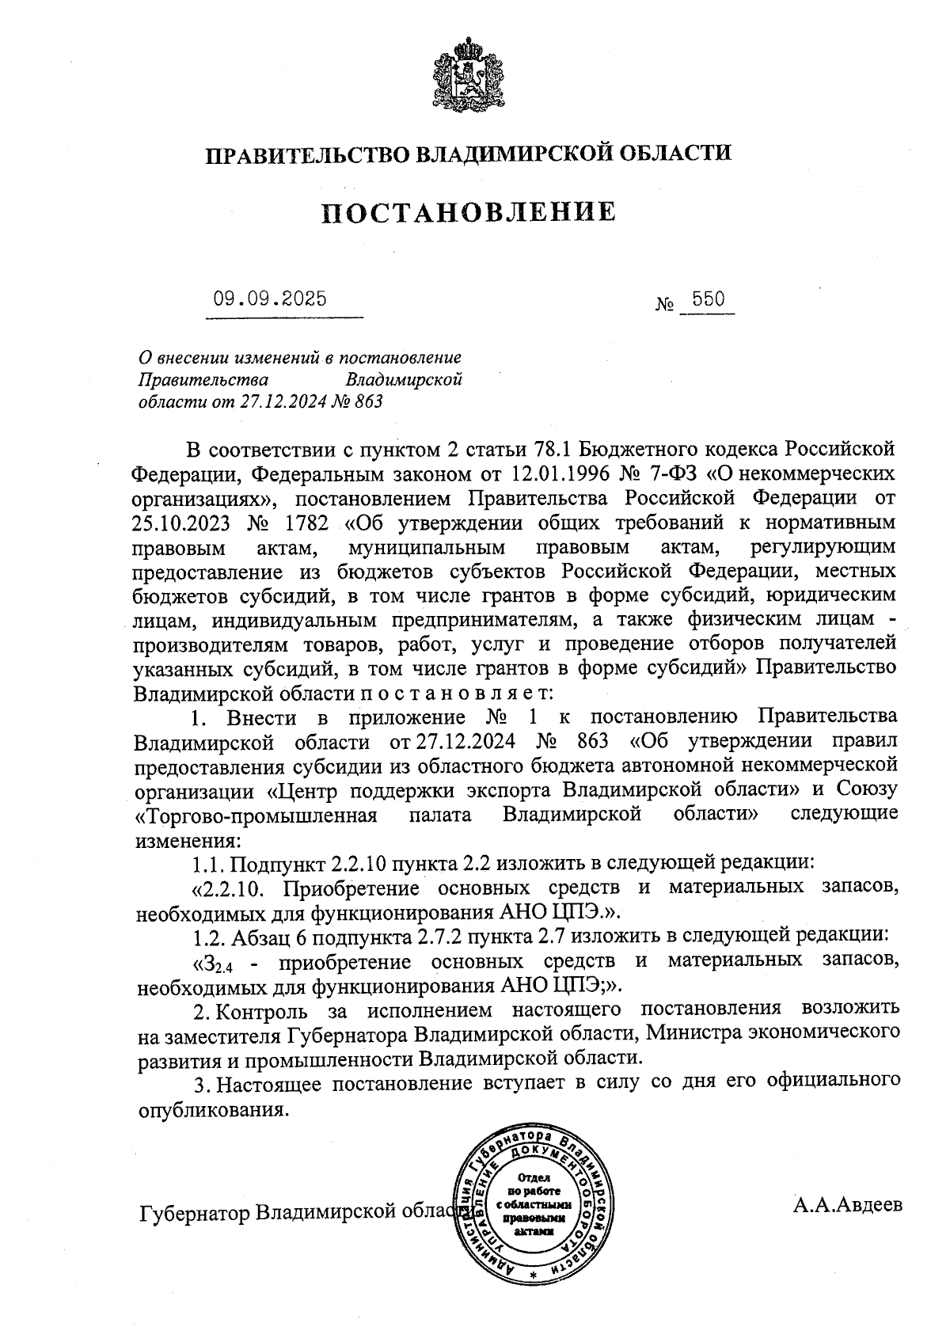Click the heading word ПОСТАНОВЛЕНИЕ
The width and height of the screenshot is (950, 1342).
[469, 212]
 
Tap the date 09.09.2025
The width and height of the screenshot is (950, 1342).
[269, 300]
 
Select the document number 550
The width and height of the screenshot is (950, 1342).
[708, 300]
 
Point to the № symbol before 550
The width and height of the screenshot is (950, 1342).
[665, 303]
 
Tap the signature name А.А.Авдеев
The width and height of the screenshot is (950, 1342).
[847, 1206]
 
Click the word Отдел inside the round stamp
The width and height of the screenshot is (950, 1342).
[532, 1179]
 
